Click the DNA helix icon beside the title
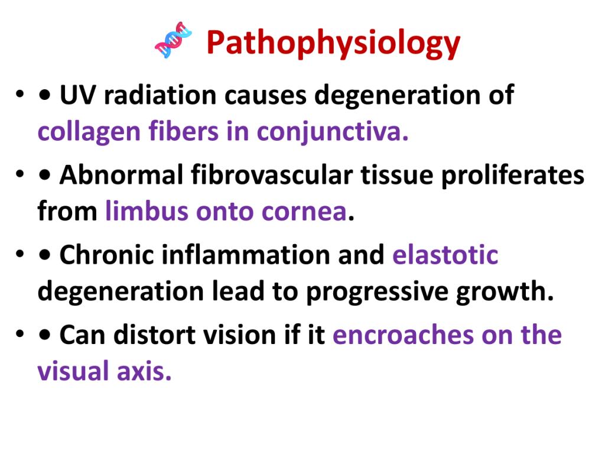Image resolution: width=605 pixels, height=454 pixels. coord(173,40)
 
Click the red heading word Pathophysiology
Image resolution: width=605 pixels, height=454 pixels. coord(333,43)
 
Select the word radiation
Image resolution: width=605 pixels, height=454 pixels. coord(160,95)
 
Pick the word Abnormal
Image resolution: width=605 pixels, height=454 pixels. coord(121,175)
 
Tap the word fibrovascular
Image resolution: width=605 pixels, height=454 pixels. coord(272,175)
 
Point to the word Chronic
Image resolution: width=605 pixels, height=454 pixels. coord(106,255)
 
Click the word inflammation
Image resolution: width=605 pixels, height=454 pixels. coord(246,255)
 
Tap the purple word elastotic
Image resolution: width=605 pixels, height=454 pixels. coord(445,255)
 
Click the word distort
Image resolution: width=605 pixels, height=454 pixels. coord(154,335)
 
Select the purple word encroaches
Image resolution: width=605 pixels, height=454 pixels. coord(403,335)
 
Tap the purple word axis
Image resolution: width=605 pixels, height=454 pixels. coord(144,371)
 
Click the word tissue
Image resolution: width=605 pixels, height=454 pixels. coord(397,175)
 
